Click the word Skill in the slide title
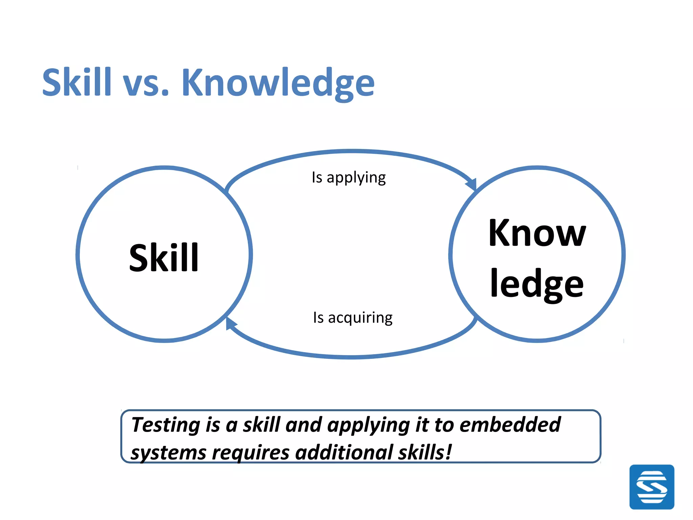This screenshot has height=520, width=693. (77, 82)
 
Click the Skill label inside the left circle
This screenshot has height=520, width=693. (164, 258)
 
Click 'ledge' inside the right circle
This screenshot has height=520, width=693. (537, 284)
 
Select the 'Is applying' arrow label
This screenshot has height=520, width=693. (349, 177)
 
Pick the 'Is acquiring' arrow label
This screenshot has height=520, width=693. (353, 318)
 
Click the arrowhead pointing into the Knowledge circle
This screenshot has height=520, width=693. (472, 185)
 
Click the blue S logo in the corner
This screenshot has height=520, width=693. (652, 487)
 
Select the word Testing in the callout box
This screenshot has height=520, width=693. (166, 425)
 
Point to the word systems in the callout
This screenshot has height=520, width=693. (169, 453)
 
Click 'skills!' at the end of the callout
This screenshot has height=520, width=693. (425, 452)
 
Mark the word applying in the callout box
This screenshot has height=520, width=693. (368, 426)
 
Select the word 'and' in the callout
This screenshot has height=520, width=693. (304, 425)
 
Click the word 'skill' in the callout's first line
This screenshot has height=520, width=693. (262, 425)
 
